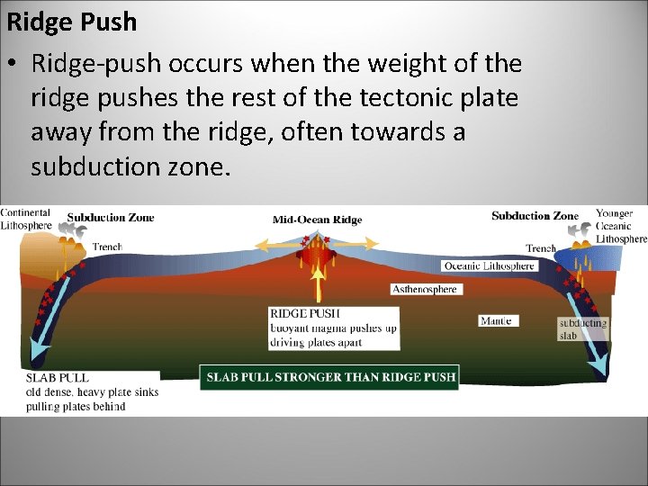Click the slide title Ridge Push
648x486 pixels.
[72, 22]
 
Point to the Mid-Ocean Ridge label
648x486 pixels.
[316, 220]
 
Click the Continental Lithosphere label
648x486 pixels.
[26, 219]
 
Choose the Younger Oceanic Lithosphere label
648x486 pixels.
[620, 226]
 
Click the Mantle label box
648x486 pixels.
[496, 320]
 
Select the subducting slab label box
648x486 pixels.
[582, 328]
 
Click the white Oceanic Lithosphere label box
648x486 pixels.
[490, 265]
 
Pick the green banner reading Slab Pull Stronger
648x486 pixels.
[328, 376]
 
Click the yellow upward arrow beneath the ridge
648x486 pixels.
[317, 283]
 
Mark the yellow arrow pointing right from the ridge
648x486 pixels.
[360, 244]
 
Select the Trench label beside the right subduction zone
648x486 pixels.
[541, 248]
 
